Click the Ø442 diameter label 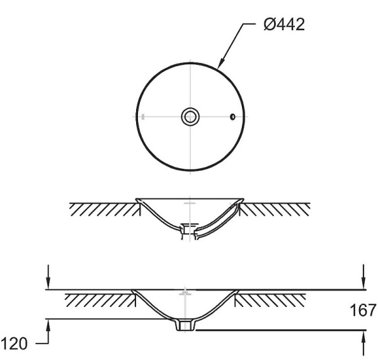[x=284, y=25]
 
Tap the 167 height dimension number [x=363, y=310]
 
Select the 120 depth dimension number [x=14, y=344]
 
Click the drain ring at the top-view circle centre [x=190, y=117]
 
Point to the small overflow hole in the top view [x=232, y=117]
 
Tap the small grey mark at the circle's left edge [x=143, y=117]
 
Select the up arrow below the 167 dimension [x=364, y=343]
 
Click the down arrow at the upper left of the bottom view [x=49, y=277]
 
